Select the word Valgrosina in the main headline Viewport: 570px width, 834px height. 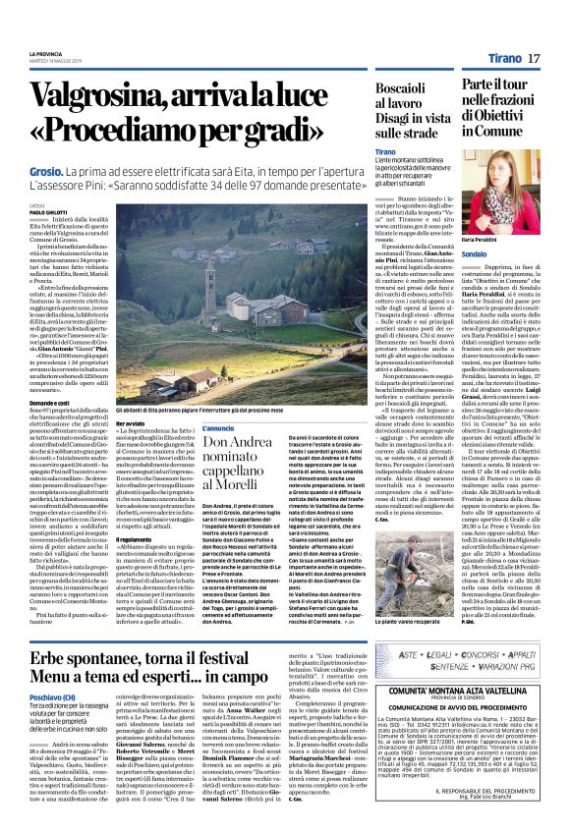coord(109,98)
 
